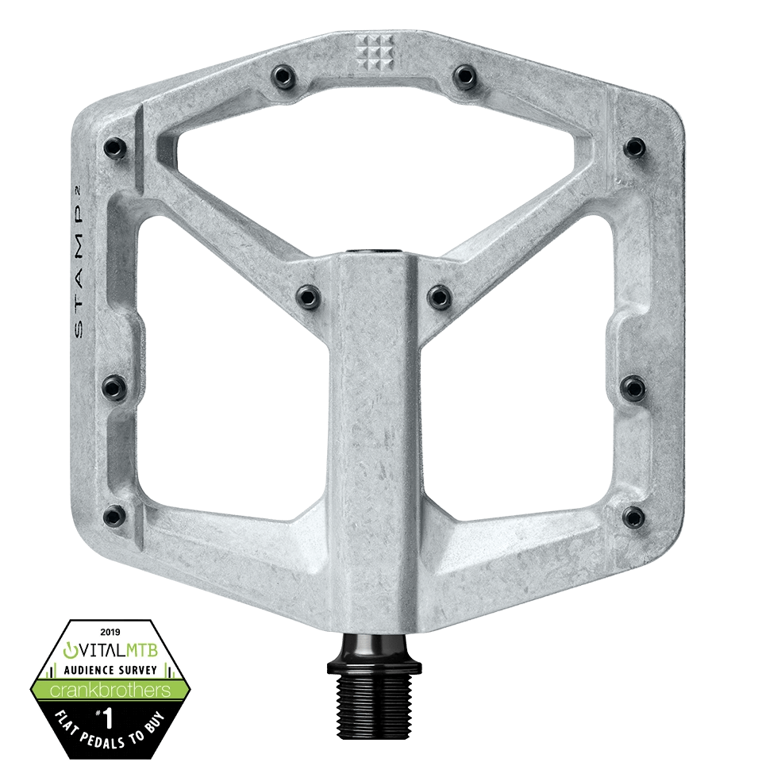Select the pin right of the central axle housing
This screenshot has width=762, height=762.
pos(438,296)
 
